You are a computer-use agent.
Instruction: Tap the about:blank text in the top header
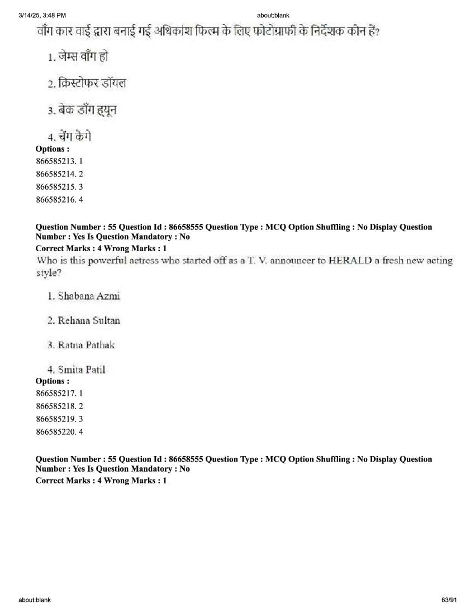pos(273,15)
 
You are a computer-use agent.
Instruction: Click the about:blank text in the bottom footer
pos(35,600)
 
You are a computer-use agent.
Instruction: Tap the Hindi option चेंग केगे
pos(69,136)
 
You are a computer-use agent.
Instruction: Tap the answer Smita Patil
pos(76,370)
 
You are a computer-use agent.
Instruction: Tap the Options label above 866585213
pos(52,149)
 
